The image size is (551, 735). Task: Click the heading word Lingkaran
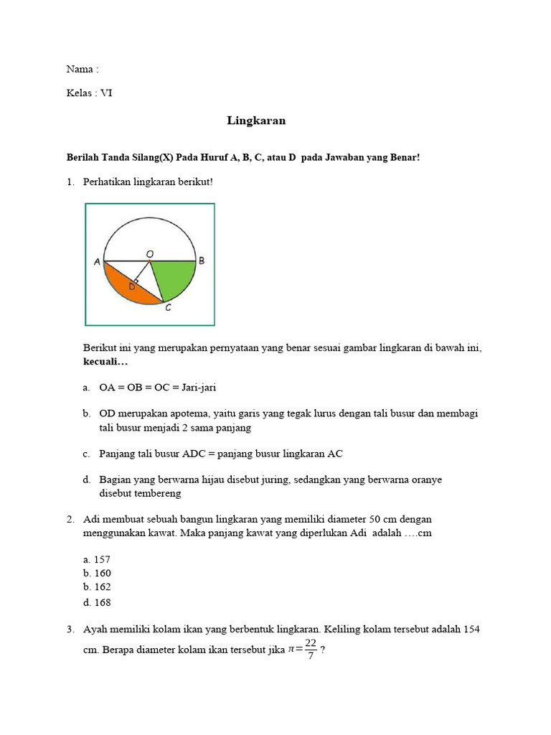pos(256,121)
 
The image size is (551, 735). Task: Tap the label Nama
pos(79,70)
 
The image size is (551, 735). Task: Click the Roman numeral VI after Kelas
pos(106,93)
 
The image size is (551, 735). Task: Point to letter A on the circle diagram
pos(97,262)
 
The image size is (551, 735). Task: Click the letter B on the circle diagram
pos(202,261)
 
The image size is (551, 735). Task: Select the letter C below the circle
pos(168,308)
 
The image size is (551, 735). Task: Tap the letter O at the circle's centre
pos(149,253)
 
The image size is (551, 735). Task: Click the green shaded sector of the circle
pos(175,276)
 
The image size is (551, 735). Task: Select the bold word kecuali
pos(103,362)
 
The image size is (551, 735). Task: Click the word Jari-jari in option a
pos(198,388)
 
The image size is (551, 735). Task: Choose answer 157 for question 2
pos(102,558)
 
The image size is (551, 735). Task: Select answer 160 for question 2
pos(102,573)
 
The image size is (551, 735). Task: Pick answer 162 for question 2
pos(102,587)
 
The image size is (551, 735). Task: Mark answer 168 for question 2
pos(102,602)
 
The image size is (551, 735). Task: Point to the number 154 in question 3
pos(471,629)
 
